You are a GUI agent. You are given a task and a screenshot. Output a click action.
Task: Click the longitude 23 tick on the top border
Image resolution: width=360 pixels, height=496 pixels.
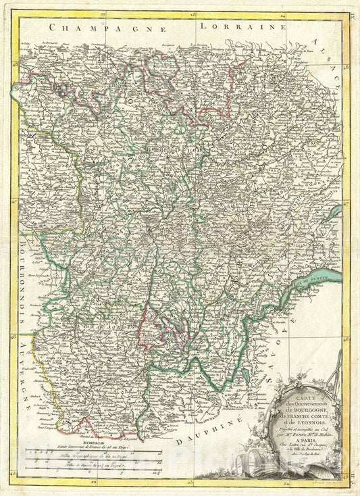click(x=192, y=13)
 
